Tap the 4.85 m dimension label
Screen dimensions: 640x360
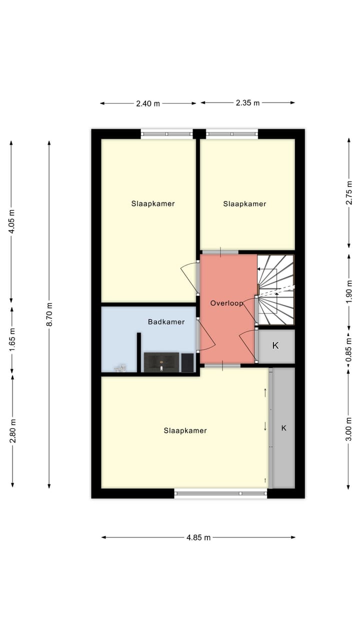(198, 537)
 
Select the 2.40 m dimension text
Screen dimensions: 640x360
(148, 103)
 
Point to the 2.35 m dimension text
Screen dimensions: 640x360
(247, 103)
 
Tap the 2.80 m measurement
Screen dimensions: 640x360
(12, 430)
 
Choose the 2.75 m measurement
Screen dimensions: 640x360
(348, 192)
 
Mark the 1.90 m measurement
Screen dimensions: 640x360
(348, 291)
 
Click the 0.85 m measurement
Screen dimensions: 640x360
(348, 346)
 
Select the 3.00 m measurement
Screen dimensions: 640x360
(348, 428)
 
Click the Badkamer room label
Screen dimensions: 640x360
(166, 322)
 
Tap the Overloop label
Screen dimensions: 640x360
(226, 303)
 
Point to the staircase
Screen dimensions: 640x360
(275, 289)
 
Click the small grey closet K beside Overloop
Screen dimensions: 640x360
(276, 346)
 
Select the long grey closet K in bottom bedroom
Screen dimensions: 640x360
(283, 428)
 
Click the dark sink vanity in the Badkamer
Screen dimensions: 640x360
(161, 362)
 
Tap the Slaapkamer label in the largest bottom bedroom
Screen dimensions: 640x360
(185, 430)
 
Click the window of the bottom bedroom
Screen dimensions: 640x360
(220, 493)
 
